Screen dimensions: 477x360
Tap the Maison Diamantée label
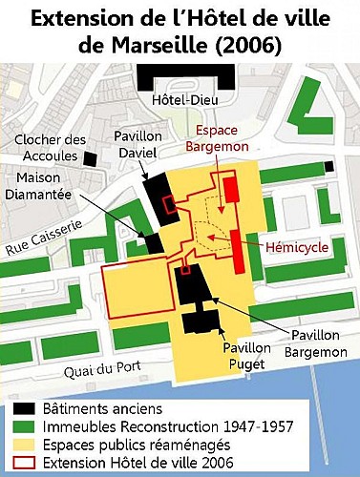[45, 189]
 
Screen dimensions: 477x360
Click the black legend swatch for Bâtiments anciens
[24, 409]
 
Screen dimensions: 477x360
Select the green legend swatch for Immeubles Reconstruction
[24, 426]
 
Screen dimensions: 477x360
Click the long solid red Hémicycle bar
[234, 251]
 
